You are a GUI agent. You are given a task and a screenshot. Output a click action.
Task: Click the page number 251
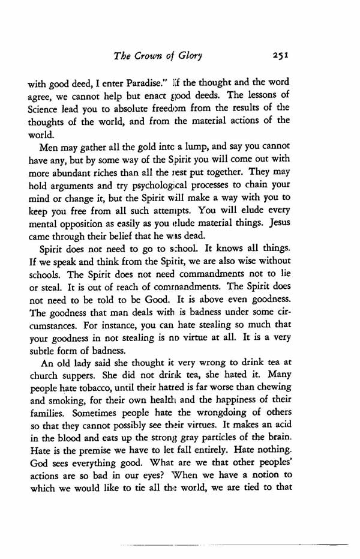[280, 56]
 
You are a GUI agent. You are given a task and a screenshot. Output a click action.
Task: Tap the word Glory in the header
[187, 56]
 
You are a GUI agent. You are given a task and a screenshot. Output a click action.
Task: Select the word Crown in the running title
[148, 56]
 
